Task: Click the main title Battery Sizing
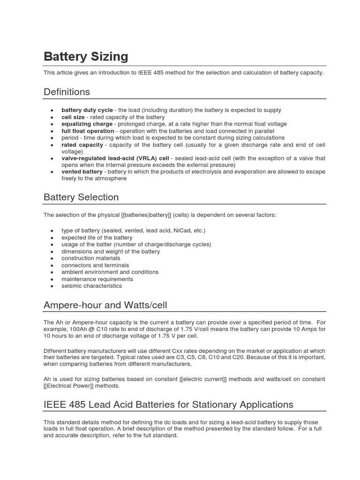(86, 57)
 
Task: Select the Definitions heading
(67, 91)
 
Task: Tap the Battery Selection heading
(81, 197)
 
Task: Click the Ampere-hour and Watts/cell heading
(105, 305)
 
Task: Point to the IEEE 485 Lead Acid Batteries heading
(168, 404)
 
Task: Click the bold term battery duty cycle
(87, 110)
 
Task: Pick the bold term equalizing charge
(87, 124)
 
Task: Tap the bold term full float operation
(88, 131)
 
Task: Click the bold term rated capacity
(82, 145)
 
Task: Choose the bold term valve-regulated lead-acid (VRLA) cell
(115, 158)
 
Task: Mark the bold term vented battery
(82, 172)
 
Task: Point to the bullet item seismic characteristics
(91, 285)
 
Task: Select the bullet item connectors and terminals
(95, 265)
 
